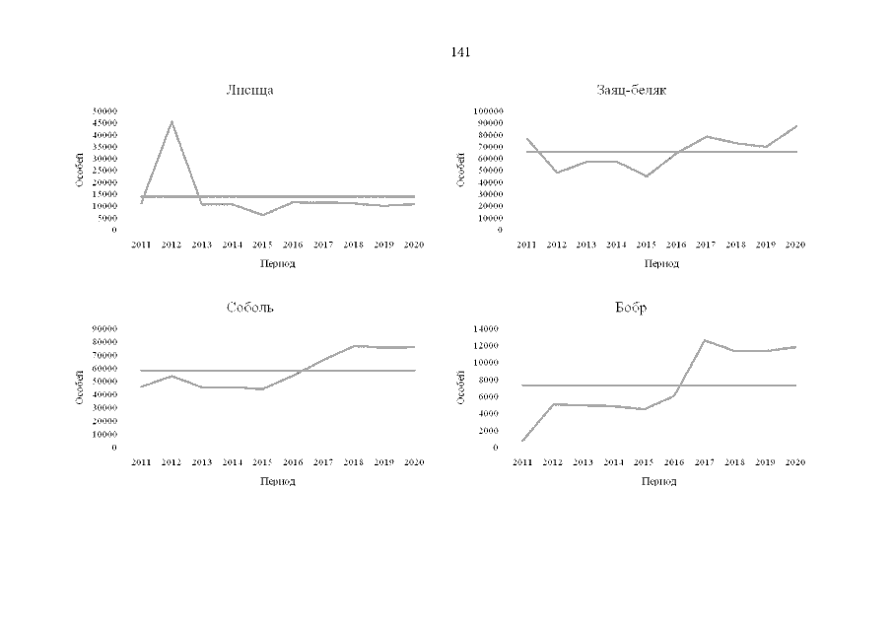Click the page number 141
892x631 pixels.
click(459, 52)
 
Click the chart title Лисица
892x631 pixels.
click(249, 90)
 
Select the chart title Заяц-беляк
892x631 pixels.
click(631, 90)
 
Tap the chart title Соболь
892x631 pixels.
click(249, 308)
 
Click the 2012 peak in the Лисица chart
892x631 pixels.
click(172, 121)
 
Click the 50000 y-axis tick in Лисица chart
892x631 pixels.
click(104, 111)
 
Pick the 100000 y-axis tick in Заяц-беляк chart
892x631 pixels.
click(488, 111)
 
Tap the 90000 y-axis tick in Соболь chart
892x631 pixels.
click(104, 328)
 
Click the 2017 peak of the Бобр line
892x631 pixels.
click(704, 340)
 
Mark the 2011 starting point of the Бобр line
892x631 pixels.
click(523, 440)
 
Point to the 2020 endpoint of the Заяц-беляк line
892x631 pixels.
click(795, 126)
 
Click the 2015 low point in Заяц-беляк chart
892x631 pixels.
click(647, 175)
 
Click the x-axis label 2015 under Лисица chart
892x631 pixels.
click(261, 244)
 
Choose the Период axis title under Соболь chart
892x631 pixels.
click(277, 481)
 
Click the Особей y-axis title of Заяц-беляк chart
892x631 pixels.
click(461, 170)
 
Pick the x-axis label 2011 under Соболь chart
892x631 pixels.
click(141, 461)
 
